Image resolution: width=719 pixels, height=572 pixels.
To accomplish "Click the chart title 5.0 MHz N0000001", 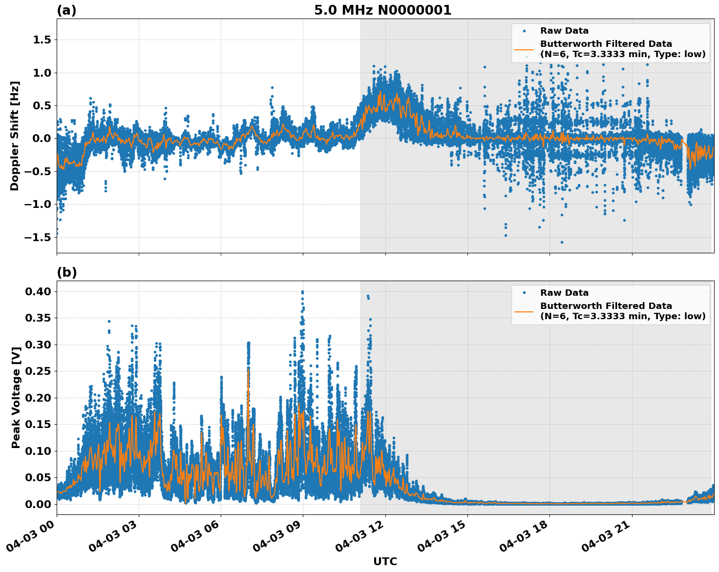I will pos(382,10).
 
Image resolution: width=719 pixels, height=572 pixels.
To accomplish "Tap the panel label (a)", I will pos(66,10).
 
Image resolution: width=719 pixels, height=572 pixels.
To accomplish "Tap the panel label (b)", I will pos(66,272).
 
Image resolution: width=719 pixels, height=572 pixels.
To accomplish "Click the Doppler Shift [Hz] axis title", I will pos(15,136).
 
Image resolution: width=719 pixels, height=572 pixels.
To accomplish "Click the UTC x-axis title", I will pos(385,561).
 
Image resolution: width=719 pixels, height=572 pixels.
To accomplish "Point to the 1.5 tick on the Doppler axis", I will pos(42,40).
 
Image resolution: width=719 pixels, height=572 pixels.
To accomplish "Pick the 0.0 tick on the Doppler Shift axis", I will pos(42,139).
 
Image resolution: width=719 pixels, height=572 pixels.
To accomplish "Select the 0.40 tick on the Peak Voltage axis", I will pos(39,292).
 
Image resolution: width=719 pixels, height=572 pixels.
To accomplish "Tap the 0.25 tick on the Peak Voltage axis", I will pos(39,371).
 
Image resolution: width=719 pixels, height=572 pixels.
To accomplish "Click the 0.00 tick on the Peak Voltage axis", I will pos(39,504).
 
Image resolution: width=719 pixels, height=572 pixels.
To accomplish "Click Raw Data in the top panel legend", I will pos(564,31).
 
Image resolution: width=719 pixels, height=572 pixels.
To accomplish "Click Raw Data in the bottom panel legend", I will pos(564,293).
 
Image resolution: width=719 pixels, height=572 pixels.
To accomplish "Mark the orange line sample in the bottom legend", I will pos(524,311).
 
